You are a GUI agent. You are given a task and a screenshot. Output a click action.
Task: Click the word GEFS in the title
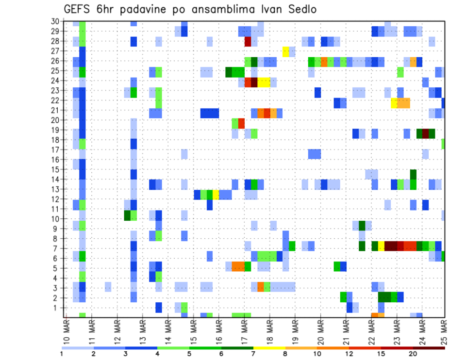76,10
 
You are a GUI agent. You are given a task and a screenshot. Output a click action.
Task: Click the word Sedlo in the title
296,10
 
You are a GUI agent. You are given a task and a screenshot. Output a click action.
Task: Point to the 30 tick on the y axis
55,21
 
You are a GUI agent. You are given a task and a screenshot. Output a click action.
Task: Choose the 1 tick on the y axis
57,308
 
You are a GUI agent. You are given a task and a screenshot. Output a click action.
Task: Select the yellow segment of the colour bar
269,348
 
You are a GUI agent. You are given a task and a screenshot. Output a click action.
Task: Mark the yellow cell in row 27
286,51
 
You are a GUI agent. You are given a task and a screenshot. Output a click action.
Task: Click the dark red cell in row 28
248,41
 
